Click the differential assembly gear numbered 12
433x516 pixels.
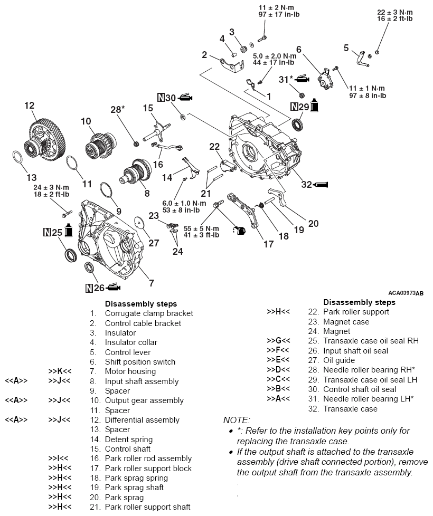coord(37,138)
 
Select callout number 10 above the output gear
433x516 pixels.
coord(86,121)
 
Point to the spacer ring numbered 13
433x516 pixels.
coord(17,158)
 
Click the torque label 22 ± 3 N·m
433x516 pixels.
coord(394,12)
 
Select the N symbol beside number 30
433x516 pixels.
coord(161,98)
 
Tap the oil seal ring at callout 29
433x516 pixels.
coord(299,125)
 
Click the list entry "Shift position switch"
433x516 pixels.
coord(140,362)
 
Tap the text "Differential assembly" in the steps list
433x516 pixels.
coord(142,420)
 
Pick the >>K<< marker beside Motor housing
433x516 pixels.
coord(59,371)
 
